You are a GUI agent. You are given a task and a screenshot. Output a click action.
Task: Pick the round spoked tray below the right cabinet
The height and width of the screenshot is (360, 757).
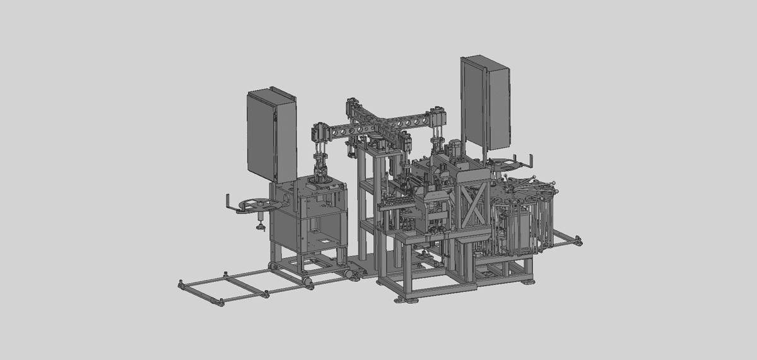(x=508, y=164)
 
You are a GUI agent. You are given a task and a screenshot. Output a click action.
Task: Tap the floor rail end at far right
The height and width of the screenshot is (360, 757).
(x=577, y=240)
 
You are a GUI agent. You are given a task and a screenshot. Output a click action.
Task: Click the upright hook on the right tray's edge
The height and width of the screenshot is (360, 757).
(x=531, y=157)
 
